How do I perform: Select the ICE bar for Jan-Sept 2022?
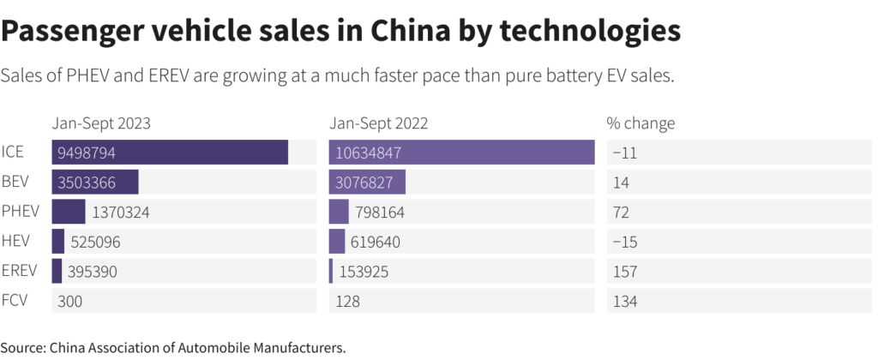[x=461, y=153]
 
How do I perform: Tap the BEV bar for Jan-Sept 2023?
[x=95, y=182]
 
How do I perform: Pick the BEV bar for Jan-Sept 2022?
[x=367, y=182]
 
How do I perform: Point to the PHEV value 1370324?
[x=121, y=212]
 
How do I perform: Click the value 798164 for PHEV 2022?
[x=377, y=212]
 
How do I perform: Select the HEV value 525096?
[x=95, y=242]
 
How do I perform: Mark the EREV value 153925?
[x=364, y=272]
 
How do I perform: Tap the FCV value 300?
[x=69, y=302]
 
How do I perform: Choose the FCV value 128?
[x=345, y=302]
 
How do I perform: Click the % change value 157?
[x=623, y=272]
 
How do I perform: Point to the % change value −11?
[x=623, y=153]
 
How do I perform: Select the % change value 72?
[x=620, y=212]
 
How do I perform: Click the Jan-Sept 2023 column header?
[x=101, y=123]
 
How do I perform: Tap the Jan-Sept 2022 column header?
[x=379, y=123]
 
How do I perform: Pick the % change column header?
[x=640, y=123]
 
